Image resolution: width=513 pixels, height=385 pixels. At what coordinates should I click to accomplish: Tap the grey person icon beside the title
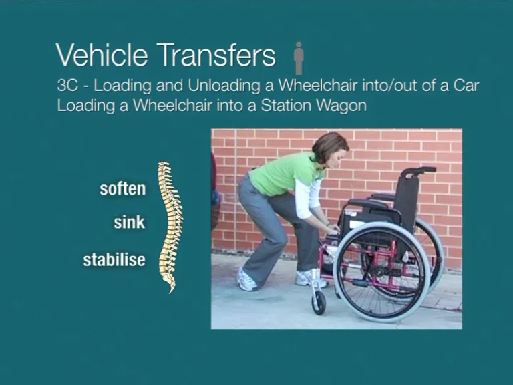click(x=299, y=58)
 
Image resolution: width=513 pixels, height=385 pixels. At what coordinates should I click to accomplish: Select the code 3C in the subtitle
click(x=67, y=86)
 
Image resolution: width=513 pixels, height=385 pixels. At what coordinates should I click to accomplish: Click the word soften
click(x=122, y=188)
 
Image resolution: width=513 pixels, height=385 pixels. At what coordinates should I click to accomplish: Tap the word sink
click(x=129, y=223)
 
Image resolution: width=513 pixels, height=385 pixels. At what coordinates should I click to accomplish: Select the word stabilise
click(x=114, y=259)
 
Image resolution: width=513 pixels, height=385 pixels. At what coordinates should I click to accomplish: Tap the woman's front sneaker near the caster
click(x=311, y=278)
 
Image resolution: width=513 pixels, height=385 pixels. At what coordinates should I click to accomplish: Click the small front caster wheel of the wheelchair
click(x=319, y=303)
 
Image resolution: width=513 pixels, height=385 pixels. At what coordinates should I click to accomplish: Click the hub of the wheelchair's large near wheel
click(x=381, y=270)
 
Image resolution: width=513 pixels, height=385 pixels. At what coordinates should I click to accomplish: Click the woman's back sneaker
click(x=247, y=280)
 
